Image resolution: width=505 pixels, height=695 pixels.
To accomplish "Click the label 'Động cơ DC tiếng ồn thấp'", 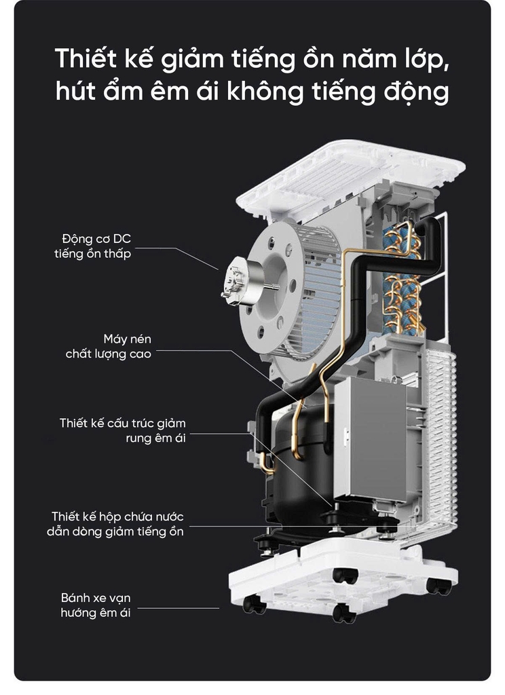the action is (x=93, y=246).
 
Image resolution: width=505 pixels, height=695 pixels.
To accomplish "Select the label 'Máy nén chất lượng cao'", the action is (x=108, y=346).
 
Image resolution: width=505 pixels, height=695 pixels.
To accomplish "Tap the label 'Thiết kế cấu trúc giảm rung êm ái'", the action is (x=123, y=430).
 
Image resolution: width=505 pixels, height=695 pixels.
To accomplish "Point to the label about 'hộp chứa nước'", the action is (x=115, y=523).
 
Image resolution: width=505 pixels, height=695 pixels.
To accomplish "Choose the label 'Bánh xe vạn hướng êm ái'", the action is (x=96, y=605).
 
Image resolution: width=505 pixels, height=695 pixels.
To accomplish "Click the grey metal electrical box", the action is (x=376, y=439).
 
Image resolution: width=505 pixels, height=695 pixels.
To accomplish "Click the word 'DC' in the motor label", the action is (x=122, y=239).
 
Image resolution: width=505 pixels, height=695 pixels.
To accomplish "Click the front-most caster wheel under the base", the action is (x=344, y=613).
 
